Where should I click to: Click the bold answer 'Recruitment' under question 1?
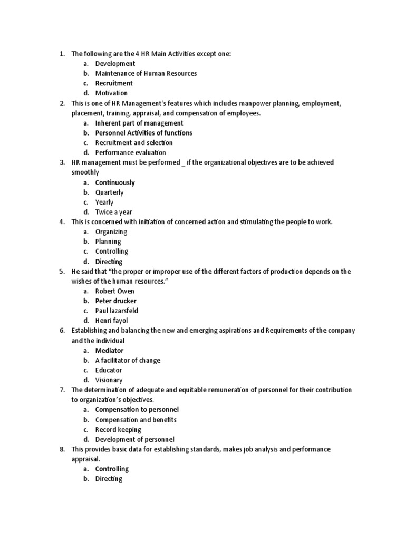click(x=113, y=83)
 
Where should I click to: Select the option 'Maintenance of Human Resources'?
click(x=146, y=73)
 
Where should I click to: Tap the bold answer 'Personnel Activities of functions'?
click(x=143, y=133)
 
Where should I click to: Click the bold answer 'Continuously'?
click(x=115, y=182)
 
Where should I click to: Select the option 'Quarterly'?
click(x=109, y=192)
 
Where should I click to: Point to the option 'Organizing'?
click(x=111, y=232)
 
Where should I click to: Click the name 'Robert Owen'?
click(x=114, y=291)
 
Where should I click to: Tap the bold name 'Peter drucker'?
click(x=115, y=301)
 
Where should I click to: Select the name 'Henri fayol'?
click(x=111, y=321)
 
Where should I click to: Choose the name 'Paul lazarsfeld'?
click(x=117, y=311)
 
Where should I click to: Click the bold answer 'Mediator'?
click(x=109, y=351)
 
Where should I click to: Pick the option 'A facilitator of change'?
click(x=128, y=360)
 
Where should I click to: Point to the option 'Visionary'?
click(x=109, y=380)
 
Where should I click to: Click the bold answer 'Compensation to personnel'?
click(x=137, y=410)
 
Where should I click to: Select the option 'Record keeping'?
click(x=118, y=430)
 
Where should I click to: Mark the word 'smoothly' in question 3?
click(x=85, y=172)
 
